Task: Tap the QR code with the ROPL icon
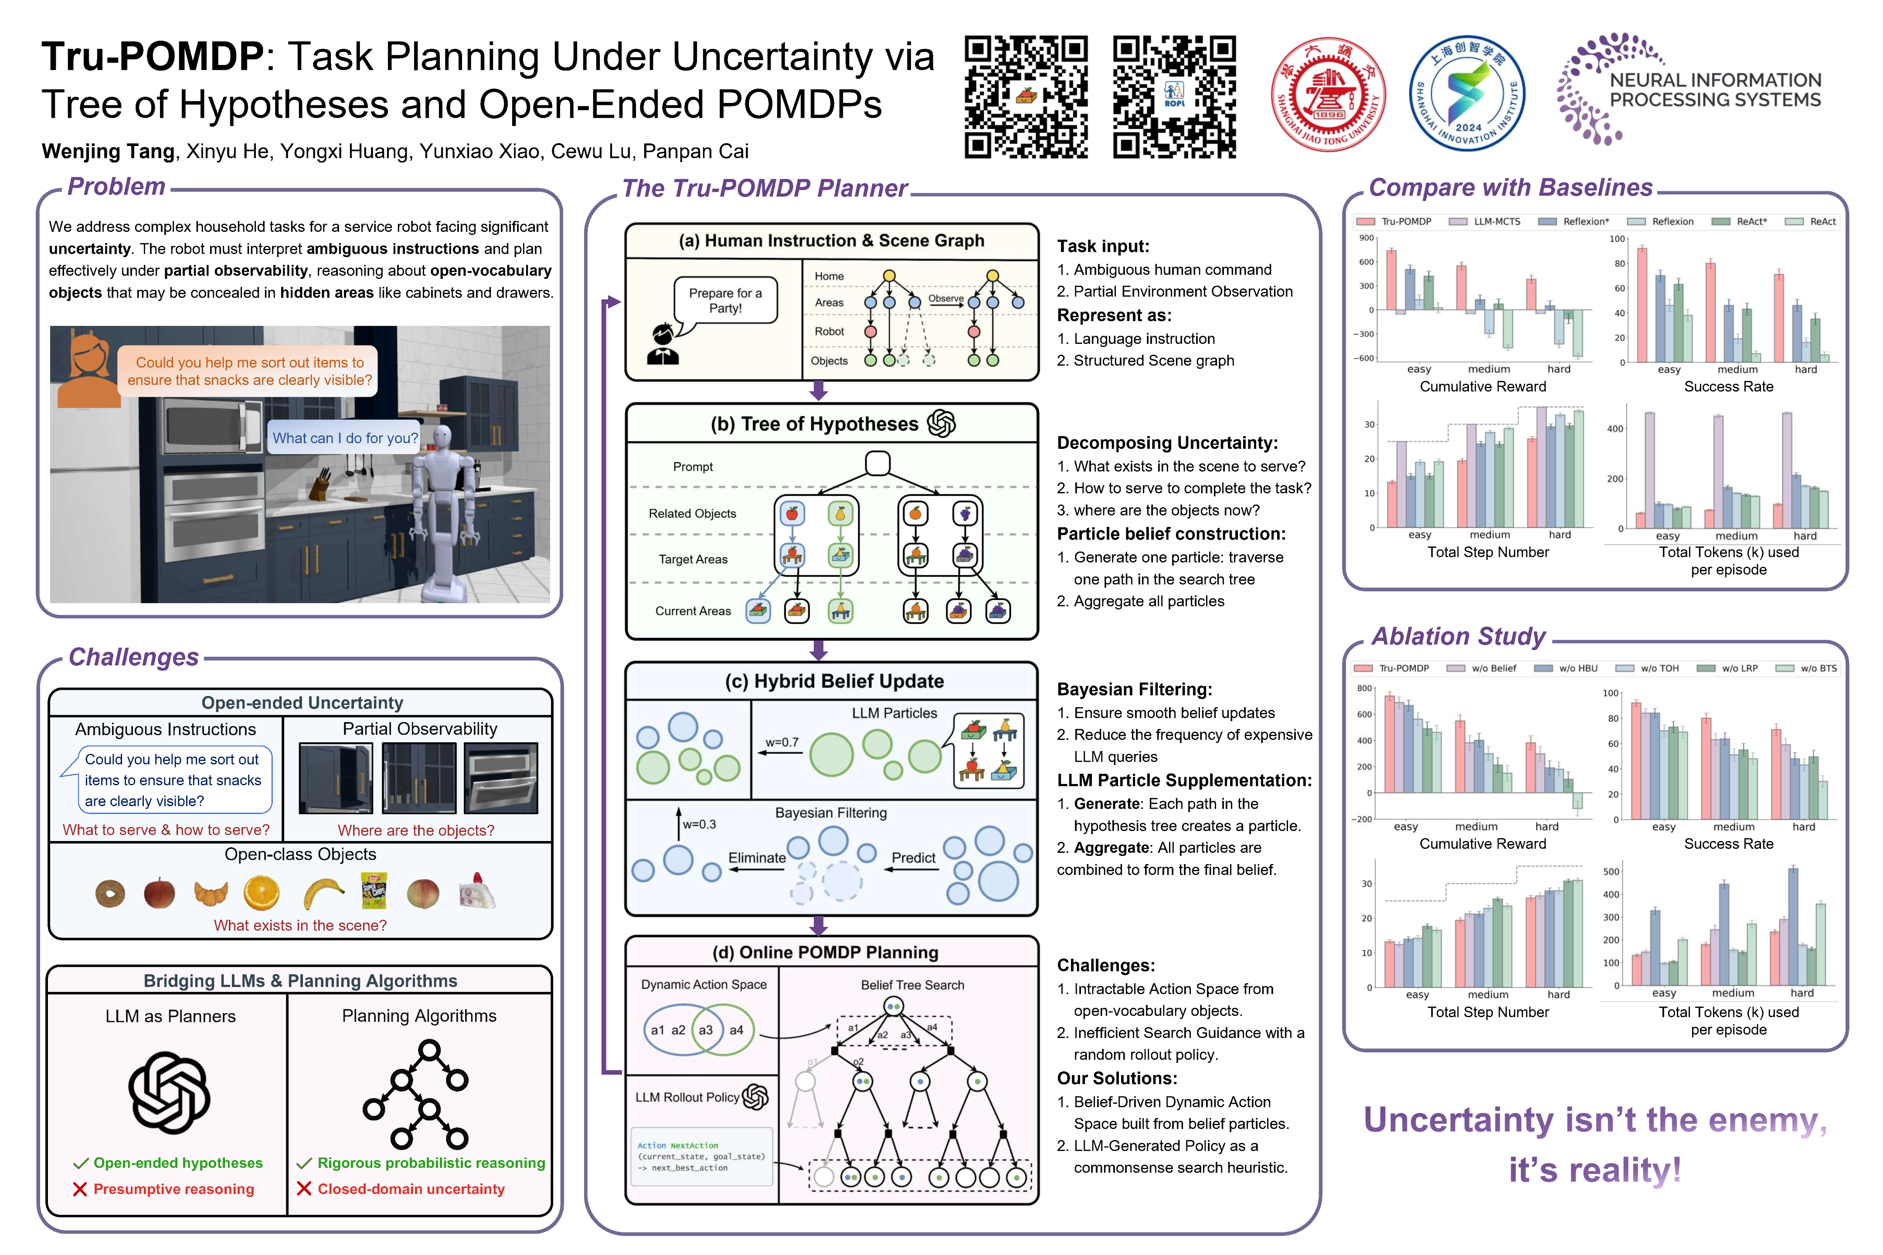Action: coord(1174,96)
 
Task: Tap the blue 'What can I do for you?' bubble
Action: coord(344,438)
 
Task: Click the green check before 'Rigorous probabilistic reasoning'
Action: coord(304,1163)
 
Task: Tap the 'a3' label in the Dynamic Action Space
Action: coord(705,1030)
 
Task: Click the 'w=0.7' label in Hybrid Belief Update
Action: coord(782,742)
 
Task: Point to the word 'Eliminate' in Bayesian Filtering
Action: coord(757,857)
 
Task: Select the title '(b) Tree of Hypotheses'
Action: coord(814,424)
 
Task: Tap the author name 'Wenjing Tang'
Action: coord(108,151)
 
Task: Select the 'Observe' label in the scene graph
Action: coord(945,298)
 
